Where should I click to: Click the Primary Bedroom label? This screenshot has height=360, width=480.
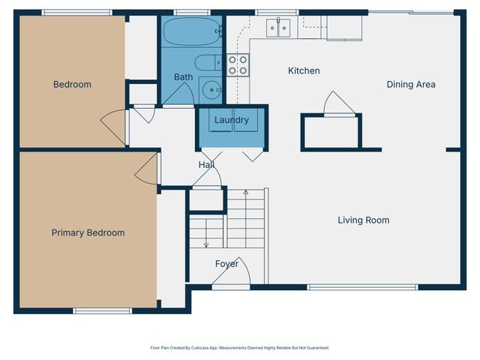tap(88, 232)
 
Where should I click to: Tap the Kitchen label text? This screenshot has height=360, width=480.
tap(304, 70)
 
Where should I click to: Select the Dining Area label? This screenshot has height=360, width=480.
tap(410, 84)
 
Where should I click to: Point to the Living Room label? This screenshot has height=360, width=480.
tap(363, 220)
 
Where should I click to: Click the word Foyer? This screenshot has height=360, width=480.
tap(226, 263)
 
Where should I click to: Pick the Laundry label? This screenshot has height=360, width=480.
tap(231, 119)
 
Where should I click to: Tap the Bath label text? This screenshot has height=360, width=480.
tap(183, 76)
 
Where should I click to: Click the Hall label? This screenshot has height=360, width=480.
tap(206, 164)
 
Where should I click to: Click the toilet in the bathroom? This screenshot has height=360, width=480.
tap(206, 62)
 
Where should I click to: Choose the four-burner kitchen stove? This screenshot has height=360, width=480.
tap(238, 65)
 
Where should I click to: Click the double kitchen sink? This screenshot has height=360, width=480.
tap(279, 28)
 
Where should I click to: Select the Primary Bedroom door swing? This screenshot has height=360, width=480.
tap(147, 169)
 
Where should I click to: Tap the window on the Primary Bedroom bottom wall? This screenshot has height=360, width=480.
tap(102, 310)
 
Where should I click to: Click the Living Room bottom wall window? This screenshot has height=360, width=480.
tap(362, 286)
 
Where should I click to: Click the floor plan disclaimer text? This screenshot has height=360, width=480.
tap(240, 347)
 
